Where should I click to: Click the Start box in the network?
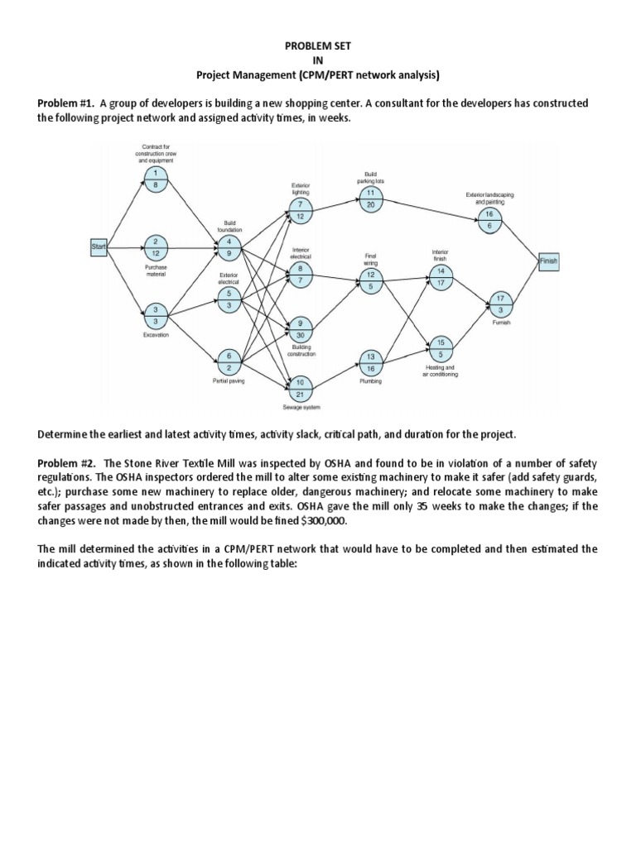tap(99, 246)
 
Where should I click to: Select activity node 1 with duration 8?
tap(156, 179)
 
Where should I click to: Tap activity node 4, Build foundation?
tap(229, 246)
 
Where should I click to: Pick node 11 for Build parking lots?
tap(369, 199)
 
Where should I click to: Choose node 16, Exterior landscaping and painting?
tap(489, 219)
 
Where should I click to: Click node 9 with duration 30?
tap(300, 328)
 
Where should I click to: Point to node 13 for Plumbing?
tap(370, 362)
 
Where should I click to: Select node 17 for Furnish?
tap(499, 303)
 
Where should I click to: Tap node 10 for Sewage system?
tap(300, 388)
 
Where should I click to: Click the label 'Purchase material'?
tap(156, 270)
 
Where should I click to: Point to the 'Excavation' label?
tap(156, 334)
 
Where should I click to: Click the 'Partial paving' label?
tap(229, 381)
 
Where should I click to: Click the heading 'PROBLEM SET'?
tap(317, 47)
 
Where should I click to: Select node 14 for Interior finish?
tap(440, 276)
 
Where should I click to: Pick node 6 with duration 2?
tap(229, 361)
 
